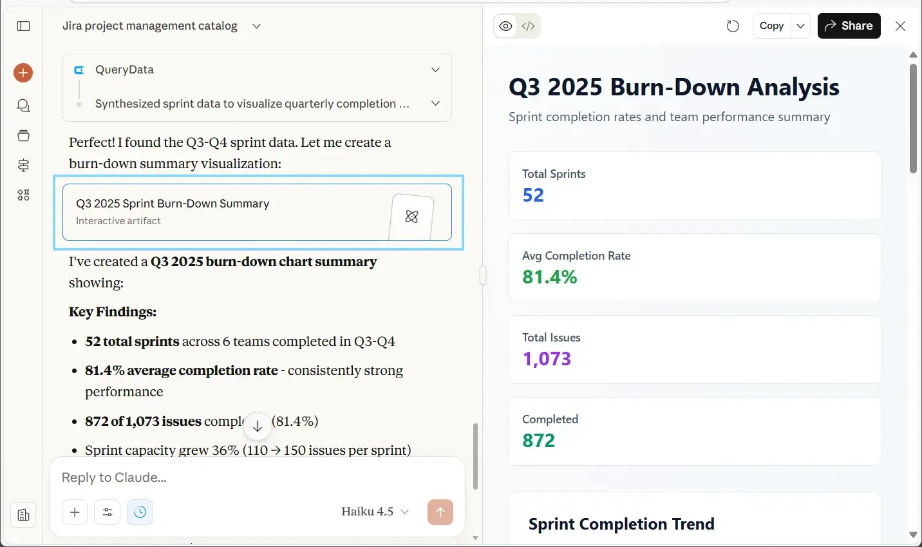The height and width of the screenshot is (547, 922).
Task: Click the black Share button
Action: click(x=849, y=26)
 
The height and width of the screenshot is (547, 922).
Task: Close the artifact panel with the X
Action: click(x=900, y=26)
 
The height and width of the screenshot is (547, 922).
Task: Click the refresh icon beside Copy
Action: click(x=733, y=26)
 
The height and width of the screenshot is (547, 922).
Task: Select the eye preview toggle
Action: click(x=506, y=26)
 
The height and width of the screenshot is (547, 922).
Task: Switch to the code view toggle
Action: click(x=529, y=26)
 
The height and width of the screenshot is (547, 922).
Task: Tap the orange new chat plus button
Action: click(x=23, y=73)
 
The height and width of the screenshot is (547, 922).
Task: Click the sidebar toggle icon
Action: click(x=24, y=26)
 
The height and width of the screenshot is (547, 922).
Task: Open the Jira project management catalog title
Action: click(x=150, y=26)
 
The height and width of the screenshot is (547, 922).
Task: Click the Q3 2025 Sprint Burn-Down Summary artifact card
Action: click(x=257, y=212)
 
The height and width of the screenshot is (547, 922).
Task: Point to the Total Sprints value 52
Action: click(x=533, y=195)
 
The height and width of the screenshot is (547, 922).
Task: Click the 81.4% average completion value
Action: click(x=549, y=277)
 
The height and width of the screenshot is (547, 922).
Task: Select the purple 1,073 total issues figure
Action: click(x=547, y=359)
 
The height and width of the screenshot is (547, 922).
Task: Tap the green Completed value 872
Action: click(x=538, y=441)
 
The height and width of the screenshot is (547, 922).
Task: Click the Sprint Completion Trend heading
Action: click(x=621, y=524)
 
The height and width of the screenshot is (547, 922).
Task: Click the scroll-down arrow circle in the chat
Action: click(x=257, y=426)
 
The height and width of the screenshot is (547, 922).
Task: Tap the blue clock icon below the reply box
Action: click(x=140, y=512)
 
